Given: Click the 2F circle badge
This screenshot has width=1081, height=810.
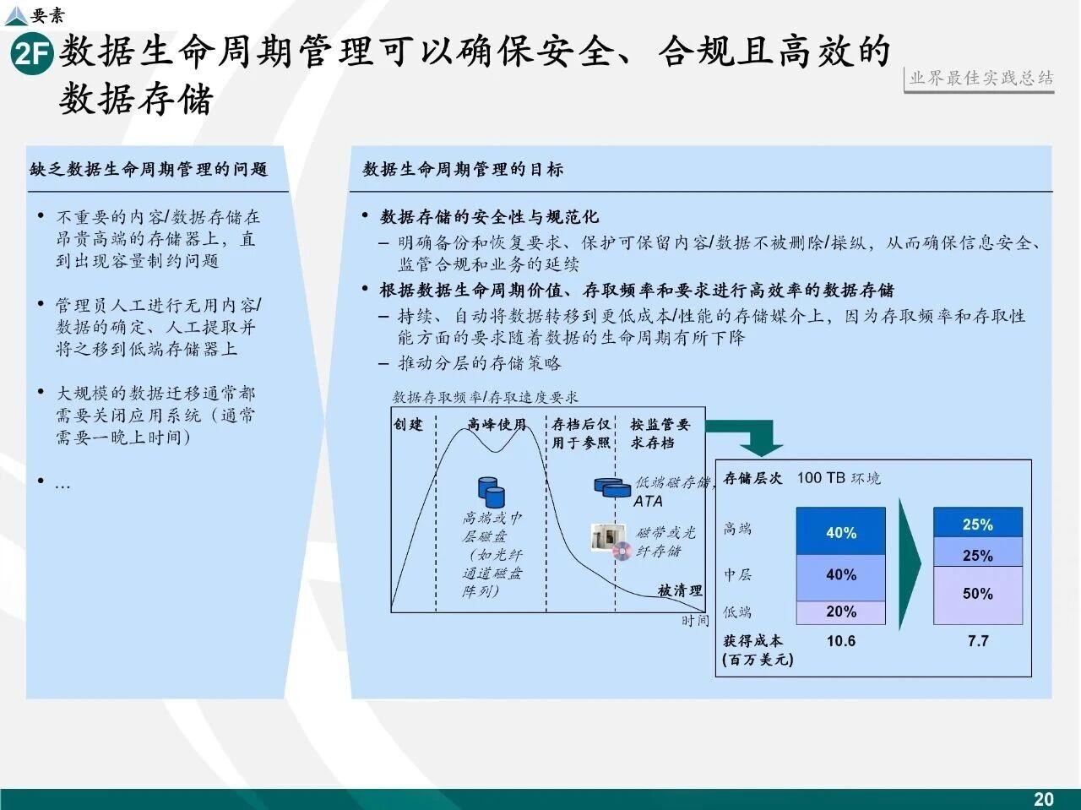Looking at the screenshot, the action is pos(32,53).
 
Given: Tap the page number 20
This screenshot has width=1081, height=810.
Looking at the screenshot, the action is pos(1044,799).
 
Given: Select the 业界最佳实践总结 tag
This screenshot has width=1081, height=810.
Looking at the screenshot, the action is pos(981,79).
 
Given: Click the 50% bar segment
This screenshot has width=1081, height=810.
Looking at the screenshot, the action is pos(978,595).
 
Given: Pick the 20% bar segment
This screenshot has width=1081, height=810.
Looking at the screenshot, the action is pos(840,612).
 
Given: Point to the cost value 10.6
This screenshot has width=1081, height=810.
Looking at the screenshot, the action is pos(840,641).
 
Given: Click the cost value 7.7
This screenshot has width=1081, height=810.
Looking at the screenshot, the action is pos(978,641).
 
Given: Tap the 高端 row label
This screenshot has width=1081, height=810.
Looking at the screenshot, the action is pos(737,529).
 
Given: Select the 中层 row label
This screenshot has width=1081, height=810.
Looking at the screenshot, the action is pos(737,574).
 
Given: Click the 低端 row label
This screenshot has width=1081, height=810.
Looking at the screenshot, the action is pos(737,612).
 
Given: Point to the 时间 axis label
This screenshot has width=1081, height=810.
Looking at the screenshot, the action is pos(695,621).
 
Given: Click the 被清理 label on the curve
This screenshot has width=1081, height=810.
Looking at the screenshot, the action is pos(680,590).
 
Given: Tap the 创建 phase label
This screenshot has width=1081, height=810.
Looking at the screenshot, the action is pos(408,425).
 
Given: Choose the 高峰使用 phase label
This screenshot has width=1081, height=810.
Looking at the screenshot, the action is pos(497,425).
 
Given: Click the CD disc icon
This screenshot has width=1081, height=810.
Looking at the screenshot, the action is pos(622,551).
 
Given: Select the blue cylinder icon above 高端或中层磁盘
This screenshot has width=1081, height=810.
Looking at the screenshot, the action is pos(492,492).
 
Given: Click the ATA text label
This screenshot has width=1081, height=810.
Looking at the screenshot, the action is pos(648,501).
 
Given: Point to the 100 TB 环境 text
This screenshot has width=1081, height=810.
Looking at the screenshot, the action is pos(839,478).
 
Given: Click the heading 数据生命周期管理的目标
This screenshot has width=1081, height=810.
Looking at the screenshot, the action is pos(463,170).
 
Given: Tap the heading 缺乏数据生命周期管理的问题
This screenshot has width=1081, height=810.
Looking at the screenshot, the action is pos(149,170).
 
